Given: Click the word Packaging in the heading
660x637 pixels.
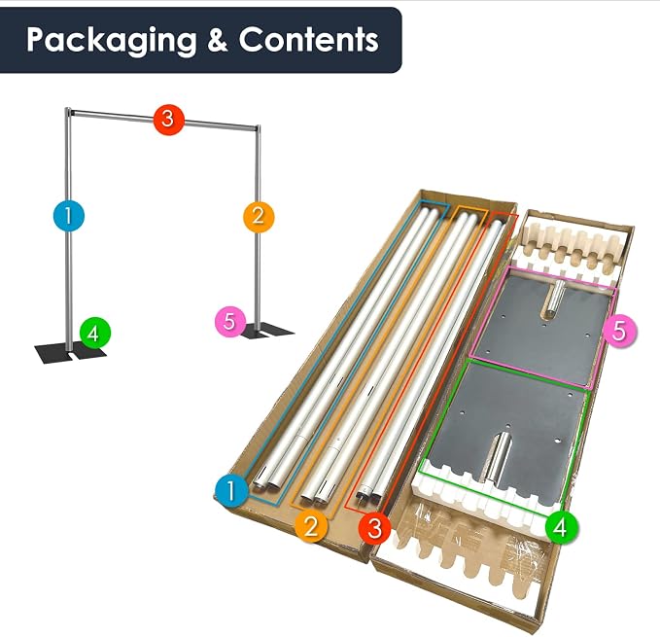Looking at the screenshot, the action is (x=112, y=41).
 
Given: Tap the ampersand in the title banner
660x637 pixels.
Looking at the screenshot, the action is (x=218, y=40).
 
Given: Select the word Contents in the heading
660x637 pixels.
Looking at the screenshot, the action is (x=309, y=40).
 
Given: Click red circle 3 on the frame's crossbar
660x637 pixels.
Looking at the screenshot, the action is (x=168, y=120).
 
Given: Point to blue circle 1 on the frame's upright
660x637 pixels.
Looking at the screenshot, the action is (x=69, y=216).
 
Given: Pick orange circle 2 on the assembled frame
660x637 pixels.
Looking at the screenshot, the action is (x=259, y=217).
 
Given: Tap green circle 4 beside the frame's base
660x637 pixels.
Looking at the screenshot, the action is (x=95, y=333).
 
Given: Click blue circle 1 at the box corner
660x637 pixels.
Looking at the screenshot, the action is (x=231, y=490).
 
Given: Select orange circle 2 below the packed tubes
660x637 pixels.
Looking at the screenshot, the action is (x=311, y=525).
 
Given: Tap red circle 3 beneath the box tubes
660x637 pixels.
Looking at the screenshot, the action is (x=375, y=527).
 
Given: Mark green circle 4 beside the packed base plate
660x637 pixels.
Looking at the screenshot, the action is (x=562, y=527).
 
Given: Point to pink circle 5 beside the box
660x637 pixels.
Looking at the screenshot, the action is (x=619, y=331).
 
